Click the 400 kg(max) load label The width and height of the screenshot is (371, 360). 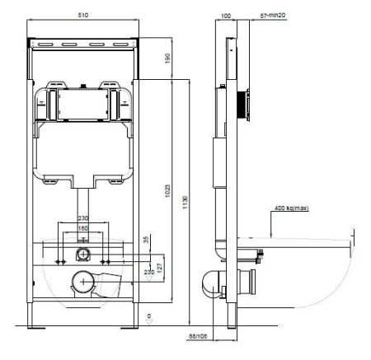coord(292,208)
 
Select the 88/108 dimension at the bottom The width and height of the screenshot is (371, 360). coord(197,336)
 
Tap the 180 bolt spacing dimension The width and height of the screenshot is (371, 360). coord(82,228)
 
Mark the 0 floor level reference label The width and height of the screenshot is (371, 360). coord(148,316)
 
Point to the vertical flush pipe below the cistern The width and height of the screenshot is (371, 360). coord(82,202)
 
